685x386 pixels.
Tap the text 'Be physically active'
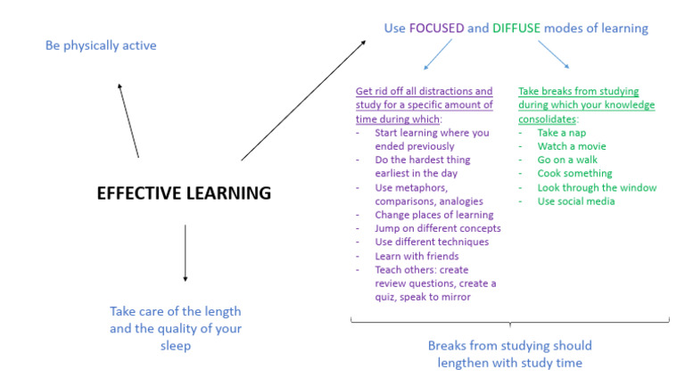coord(101,45)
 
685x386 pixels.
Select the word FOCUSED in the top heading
coord(436,29)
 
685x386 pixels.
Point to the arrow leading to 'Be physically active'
coord(128,119)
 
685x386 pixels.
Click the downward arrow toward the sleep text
coord(185,253)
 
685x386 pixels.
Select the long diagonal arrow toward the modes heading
coord(303,99)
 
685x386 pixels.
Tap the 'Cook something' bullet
coord(574,173)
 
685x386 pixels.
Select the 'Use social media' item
coord(576,201)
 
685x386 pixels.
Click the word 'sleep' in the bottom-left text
coord(176,345)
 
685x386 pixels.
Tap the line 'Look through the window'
coord(597,187)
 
